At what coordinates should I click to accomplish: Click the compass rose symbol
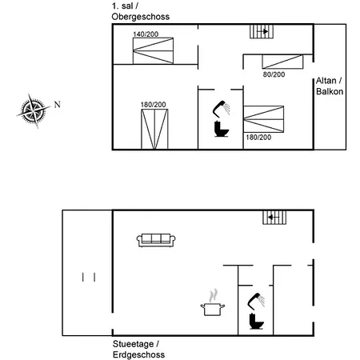(34, 111)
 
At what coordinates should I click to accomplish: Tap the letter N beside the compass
(58, 104)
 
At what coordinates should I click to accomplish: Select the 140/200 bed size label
(146, 34)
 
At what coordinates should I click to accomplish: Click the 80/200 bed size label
(274, 74)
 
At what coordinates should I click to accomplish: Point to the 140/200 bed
(153, 50)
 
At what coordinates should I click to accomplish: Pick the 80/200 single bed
(282, 62)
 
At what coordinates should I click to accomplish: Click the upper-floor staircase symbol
(262, 31)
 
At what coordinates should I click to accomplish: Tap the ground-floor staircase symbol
(274, 218)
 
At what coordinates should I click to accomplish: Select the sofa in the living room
(156, 240)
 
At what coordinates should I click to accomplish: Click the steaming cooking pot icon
(213, 303)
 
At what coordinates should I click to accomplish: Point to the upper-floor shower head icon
(221, 109)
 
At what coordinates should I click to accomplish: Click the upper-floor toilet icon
(222, 129)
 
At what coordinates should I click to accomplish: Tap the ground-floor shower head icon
(256, 302)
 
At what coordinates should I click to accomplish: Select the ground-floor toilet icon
(257, 322)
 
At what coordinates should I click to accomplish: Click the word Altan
(326, 81)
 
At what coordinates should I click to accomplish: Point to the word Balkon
(330, 91)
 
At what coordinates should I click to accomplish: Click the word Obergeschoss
(141, 17)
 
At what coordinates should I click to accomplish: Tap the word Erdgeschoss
(138, 354)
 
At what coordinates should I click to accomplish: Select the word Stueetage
(133, 344)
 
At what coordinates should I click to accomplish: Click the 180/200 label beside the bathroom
(258, 138)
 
